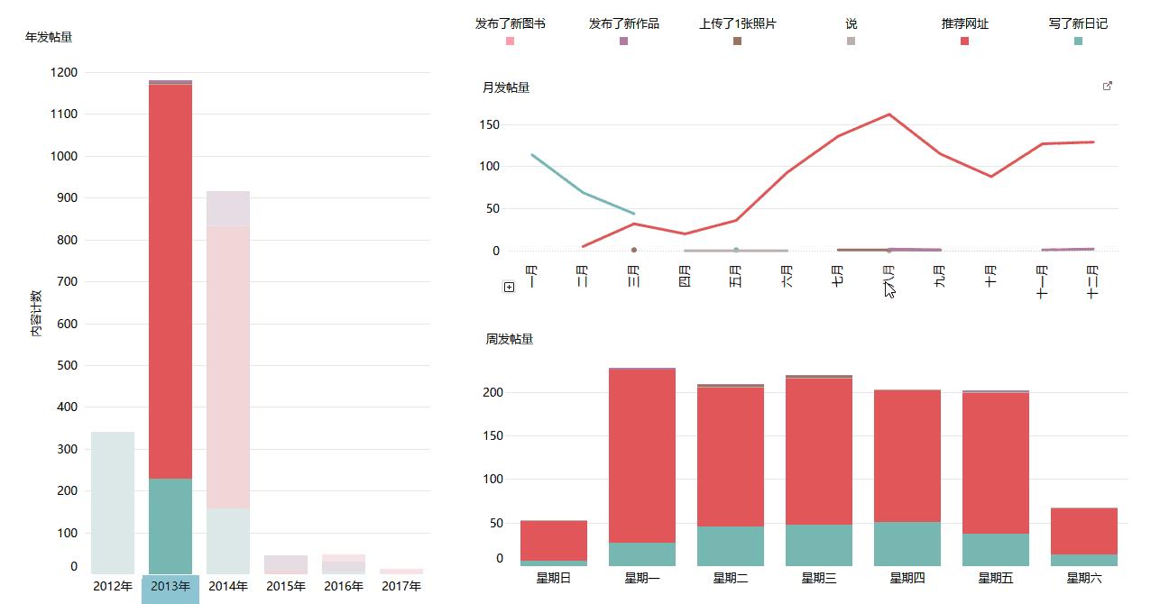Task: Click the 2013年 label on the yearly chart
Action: (x=170, y=587)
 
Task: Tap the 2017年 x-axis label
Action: (x=401, y=587)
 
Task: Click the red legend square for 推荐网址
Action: (x=964, y=41)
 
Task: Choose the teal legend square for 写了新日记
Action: (x=1078, y=41)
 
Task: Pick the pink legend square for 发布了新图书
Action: (x=510, y=41)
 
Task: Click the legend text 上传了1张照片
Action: (x=737, y=23)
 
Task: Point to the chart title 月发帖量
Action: (x=506, y=87)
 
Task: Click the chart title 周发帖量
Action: (x=510, y=339)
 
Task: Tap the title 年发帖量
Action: (x=49, y=37)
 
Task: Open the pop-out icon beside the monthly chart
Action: (x=1108, y=87)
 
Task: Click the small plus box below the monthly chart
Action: (x=510, y=287)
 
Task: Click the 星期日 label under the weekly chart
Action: (x=553, y=578)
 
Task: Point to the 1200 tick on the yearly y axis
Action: (x=64, y=72)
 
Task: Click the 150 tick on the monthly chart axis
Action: (x=490, y=124)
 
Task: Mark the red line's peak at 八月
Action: (x=889, y=114)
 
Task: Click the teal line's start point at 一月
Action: (x=532, y=155)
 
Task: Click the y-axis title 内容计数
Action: (x=36, y=314)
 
